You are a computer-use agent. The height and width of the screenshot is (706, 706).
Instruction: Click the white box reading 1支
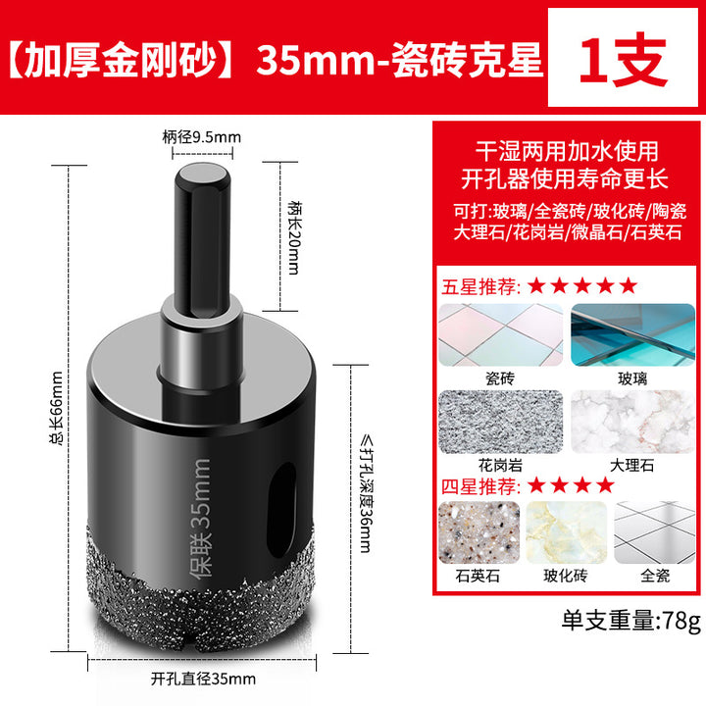pyautogui.click(x=623, y=57)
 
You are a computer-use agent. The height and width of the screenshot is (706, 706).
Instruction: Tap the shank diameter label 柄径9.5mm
pyautogui.click(x=202, y=137)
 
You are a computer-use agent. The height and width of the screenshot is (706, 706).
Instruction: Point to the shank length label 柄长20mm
pyautogui.click(x=294, y=237)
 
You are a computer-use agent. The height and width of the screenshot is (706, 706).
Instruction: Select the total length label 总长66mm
pyautogui.click(x=57, y=409)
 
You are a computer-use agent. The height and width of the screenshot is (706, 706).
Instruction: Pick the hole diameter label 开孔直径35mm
pyautogui.click(x=203, y=679)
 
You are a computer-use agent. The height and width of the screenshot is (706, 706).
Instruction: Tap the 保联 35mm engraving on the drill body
pyautogui.click(x=199, y=518)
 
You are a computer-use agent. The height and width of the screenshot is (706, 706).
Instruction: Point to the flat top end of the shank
pyautogui.click(x=201, y=174)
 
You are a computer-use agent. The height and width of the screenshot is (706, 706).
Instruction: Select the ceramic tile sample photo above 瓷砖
pyautogui.click(x=501, y=335)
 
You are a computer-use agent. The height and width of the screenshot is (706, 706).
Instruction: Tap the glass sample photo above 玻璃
pyautogui.click(x=633, y=335)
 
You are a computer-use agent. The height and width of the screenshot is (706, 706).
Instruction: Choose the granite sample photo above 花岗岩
pyautogui.click(x=501, y=422)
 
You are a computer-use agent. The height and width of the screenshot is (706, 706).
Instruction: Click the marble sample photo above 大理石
pyautogui.click(x=633, y=422)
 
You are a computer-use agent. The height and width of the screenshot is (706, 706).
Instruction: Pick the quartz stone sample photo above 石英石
pyautogui.click(x=479, y=532)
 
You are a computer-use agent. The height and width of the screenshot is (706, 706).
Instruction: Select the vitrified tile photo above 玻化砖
pyautogui.click(x=567, y=532)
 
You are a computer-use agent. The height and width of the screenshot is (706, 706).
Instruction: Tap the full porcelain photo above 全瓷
pyautogui.click(x=655, y=532)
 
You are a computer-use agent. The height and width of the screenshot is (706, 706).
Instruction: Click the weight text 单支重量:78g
pyautogui.click(x=631, y=621)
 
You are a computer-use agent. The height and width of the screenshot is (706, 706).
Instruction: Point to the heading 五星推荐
pyautogui.click(x=479, y=286)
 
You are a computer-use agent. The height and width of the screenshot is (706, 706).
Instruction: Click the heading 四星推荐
pyautogui.click(x=479, y=486)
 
